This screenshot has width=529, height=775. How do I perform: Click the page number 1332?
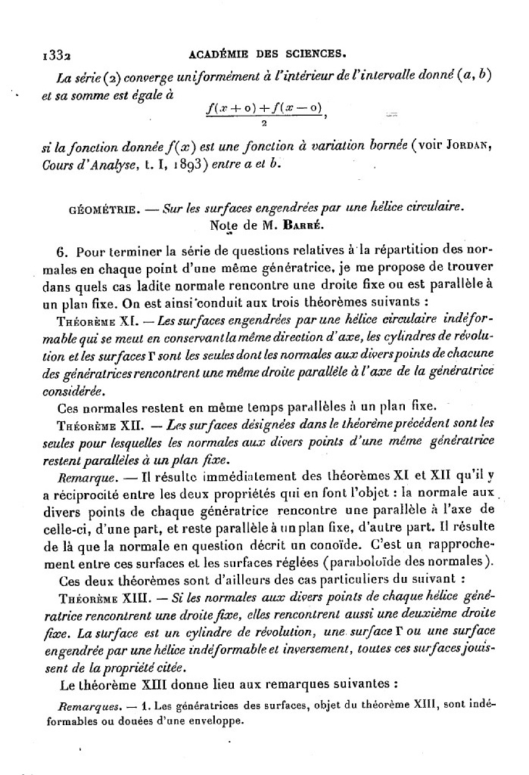pyautogui.click(x=55, y=54)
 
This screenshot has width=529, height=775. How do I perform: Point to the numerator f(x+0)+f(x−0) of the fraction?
pyautogui.click(x=265, y=109)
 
